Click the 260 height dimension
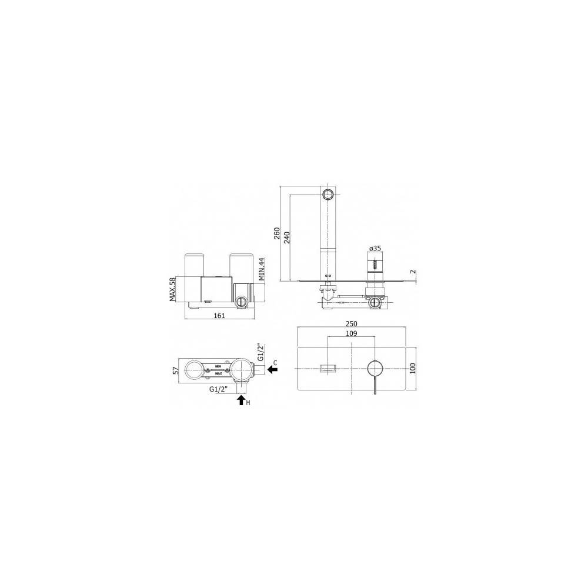[x=277, y=234]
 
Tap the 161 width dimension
[x=219, y=316]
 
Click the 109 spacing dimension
[x=351, y=333]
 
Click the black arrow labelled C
[x=273, y=369]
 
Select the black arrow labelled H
[x=240, y=401]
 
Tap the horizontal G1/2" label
[x=219, y=389]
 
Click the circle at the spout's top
[x=327, y=194]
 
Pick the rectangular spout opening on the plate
[x=327, y=369]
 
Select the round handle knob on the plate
[x=374, y=369]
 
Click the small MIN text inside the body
[x=218, y=367]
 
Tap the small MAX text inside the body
[x=218, y=373]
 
